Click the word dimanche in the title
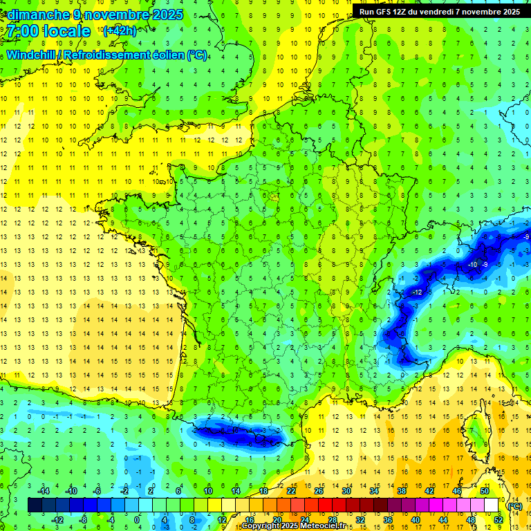click(x=37, y=15)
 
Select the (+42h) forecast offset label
click(x=119, y=31)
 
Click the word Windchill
click(x=28, y=55)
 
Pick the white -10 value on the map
click(x=473, y=265)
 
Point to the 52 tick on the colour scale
click(x=499, y=520)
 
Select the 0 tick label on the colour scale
click(x=137, y=520)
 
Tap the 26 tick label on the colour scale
click(x=319, y=491)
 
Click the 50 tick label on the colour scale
click(x=485, y=491)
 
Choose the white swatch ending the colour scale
click(x=492, y=505)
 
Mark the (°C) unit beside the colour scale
click(x=514, y=505)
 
